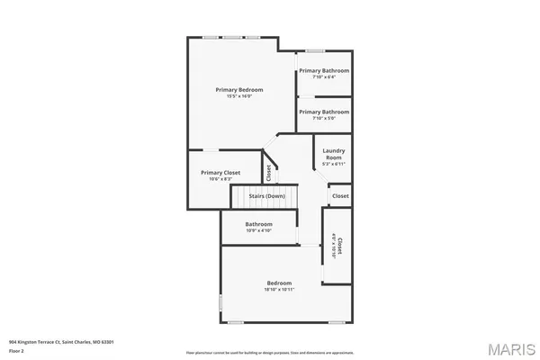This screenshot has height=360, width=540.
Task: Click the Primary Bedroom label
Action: click(238, 89)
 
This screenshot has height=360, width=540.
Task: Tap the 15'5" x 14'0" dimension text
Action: click(238, 97)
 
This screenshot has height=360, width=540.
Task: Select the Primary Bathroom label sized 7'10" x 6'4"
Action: click(324, 70)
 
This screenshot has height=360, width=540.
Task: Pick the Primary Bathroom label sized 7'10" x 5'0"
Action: click(324, 111)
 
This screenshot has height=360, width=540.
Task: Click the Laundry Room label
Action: click(333, 154)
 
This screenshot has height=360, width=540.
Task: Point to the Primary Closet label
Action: click(220, 172)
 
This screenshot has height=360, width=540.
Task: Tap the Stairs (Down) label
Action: click(267, 195)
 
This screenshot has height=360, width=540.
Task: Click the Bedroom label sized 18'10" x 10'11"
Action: click(278, 283)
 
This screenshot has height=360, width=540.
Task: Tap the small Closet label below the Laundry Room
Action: click(339, 195)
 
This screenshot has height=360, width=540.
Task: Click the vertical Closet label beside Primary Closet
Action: click(268, 172)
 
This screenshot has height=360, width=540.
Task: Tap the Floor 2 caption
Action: click(17, 350)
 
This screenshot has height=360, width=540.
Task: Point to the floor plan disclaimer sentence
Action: click(270, 352)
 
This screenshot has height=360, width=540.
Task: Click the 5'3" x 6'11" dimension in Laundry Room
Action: click(333, 164)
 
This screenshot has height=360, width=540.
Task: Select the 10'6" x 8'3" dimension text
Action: click(220, 179)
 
